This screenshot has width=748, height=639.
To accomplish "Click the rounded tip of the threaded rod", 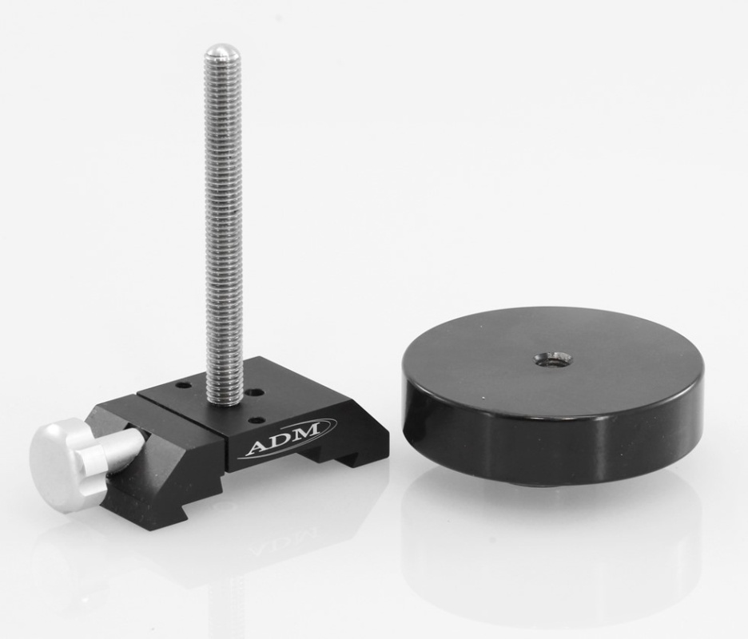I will pos(221,54).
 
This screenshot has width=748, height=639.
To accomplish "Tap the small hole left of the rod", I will pos(184,386).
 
